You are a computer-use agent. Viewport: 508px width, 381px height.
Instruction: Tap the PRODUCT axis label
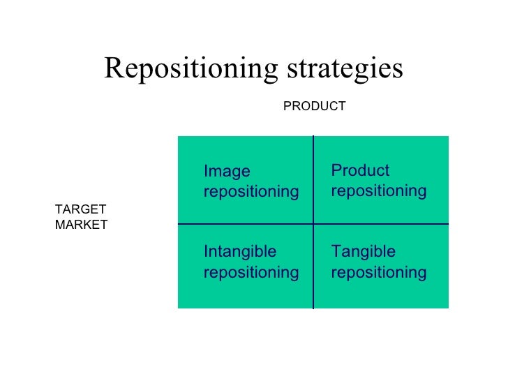[314, 106]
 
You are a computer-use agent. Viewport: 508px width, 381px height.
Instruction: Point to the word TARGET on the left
[80, 209]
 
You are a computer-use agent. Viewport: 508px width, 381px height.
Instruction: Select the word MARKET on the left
[81, 225]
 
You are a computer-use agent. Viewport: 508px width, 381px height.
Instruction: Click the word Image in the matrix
[227, 172]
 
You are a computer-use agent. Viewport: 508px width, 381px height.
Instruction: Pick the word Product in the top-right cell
[360, 171]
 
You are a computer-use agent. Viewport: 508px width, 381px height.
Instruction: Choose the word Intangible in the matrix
[239, 251]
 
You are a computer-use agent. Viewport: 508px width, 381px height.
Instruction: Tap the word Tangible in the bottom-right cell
[363, 251]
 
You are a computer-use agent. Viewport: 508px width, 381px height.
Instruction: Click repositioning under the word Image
[251, 192]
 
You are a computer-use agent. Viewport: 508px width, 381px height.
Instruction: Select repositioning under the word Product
[379, 191]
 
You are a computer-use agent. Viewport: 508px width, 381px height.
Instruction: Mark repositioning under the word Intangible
[251, 272]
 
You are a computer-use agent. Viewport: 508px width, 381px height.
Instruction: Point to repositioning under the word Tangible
[379, 272]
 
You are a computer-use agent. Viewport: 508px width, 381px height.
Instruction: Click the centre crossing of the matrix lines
[313, 224]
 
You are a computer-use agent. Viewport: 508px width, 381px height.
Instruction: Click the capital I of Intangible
[206, 251]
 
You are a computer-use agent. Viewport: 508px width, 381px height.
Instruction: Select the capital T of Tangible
[336, 251]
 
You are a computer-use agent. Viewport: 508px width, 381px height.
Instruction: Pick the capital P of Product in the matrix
[336, 171]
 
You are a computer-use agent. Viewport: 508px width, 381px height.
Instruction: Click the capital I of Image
[206, 172]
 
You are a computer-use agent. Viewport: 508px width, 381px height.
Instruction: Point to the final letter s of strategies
[399, 70]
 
